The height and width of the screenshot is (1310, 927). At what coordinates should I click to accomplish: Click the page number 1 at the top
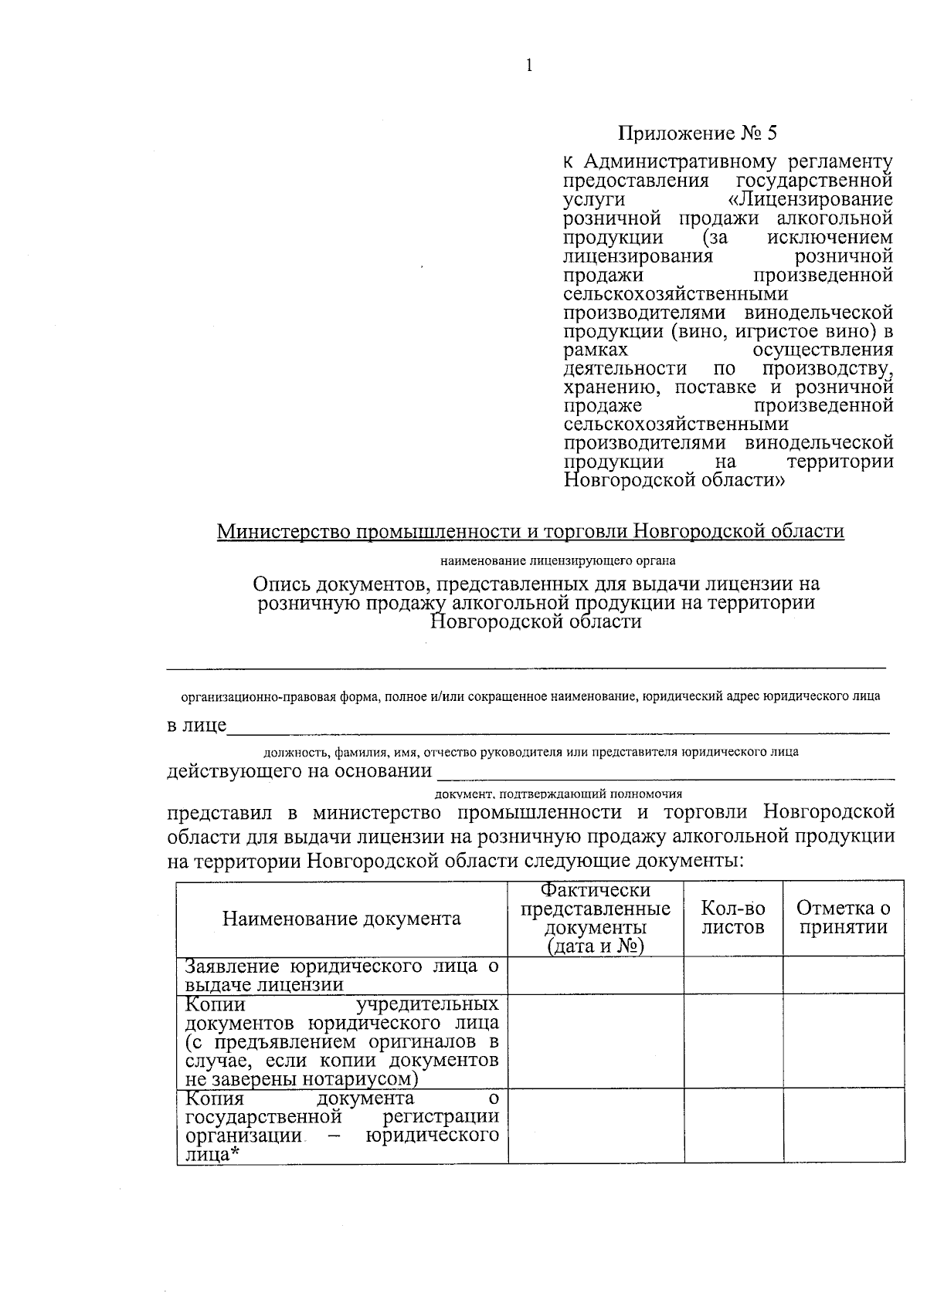[x=529, y=66]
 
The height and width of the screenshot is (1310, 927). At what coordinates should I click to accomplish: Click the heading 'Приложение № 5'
[x=698, y=133]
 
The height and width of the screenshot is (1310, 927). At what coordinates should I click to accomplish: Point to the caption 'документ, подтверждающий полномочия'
[x=559, y=793]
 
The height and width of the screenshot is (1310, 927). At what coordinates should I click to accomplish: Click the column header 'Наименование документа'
[x=341, y=918]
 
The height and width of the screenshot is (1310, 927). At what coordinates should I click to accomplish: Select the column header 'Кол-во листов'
[x=733, y=918]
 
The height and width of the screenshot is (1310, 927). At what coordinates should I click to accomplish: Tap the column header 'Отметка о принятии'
[x=843, y=918]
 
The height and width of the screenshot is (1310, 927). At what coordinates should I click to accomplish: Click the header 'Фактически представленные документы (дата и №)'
[x=595, y=918]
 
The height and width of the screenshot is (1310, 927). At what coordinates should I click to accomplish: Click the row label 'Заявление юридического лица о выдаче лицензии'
[x=341, y=975]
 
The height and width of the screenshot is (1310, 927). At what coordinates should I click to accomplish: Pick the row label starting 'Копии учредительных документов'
[x=341, y=1041]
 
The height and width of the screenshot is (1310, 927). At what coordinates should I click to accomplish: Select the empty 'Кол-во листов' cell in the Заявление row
[x=733, y=975]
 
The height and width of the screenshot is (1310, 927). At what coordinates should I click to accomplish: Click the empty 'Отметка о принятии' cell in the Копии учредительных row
[x=843, y=1041]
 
